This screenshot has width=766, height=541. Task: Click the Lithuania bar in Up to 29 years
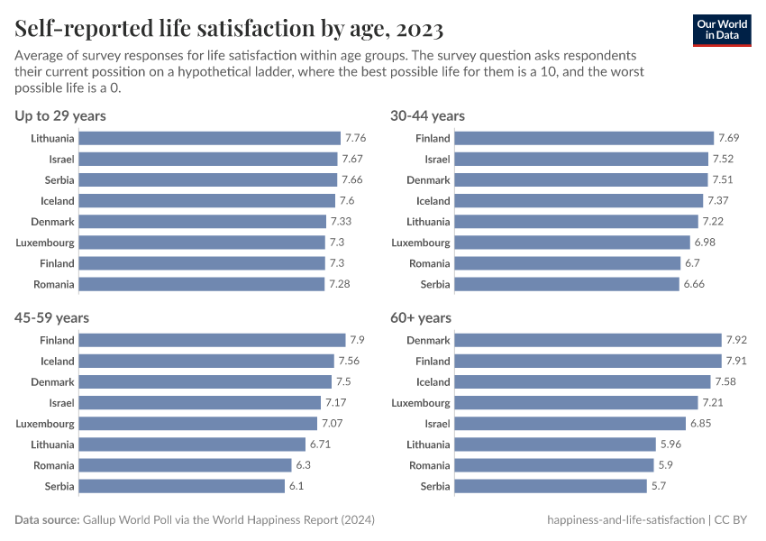click(210, 138)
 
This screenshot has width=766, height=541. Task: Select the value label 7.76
click(355, 138)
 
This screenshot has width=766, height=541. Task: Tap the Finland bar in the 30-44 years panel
click(584, 138)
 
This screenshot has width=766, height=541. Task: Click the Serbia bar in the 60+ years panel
click(552, 486)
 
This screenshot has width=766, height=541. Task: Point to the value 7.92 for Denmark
click(737, 340)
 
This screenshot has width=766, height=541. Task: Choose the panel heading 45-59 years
click(51, 317)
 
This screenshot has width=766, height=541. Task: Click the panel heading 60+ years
click(421, 317)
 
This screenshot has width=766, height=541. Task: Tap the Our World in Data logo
click(722, 29)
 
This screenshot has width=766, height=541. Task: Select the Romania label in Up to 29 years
click(52, 284)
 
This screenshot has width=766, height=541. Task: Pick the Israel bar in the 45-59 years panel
click(199, 402)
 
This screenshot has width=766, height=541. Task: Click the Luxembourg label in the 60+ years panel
click(421, 402)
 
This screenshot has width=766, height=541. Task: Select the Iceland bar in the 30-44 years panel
click(579, 200)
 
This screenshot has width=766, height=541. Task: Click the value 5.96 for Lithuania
click(671, 445)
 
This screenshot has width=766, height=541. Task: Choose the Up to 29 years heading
click(60, 115)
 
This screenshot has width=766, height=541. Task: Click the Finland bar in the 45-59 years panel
click(212, 340)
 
